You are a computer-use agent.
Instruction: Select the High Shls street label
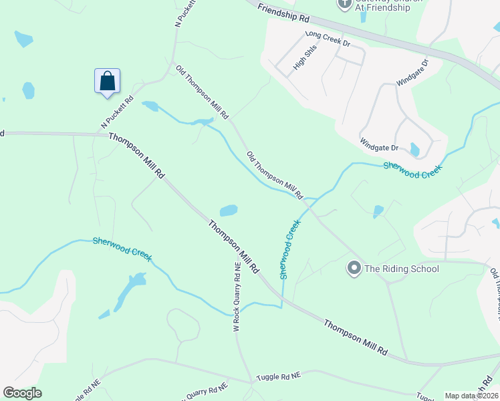(305, 61)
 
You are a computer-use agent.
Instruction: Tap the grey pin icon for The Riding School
(354, 269)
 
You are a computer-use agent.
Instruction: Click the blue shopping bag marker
(107, 82)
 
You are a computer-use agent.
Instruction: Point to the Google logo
(22, 393)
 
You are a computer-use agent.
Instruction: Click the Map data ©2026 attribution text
(471, 396)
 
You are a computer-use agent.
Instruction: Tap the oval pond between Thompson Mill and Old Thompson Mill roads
(229, 211)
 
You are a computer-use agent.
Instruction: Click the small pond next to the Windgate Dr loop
(414, 150)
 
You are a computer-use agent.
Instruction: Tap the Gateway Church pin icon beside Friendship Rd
(345, 4)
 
